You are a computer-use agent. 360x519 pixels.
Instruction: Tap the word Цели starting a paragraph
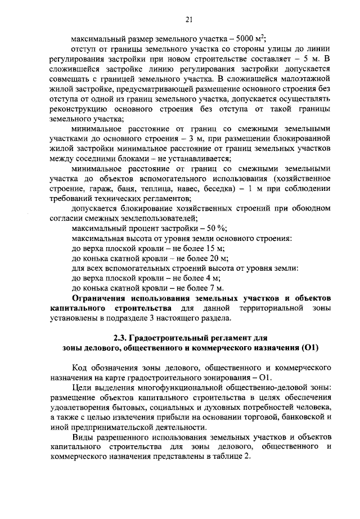pyautogui.click(x=83, y=388)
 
